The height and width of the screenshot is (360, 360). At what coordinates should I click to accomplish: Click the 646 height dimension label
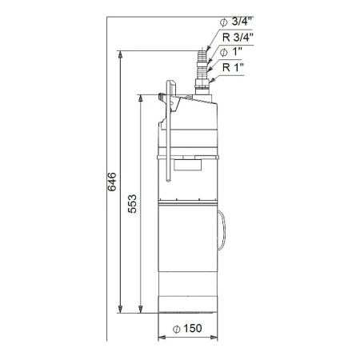pyautogui.click(x=112, y=182)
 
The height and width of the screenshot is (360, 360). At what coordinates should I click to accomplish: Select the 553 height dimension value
pyautogui.click(x=132, y=204)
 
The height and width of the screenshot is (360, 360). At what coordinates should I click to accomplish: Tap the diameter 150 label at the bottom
pyautogui.click(x=187, y=329)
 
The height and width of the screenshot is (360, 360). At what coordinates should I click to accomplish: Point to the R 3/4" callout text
pyautogui.click(x=238, y=38)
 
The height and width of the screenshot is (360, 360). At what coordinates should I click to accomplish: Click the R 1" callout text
pyautogui.click(x=233, y=67)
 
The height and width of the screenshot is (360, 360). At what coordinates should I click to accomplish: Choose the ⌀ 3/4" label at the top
pyautogui.click(x=235, y=22)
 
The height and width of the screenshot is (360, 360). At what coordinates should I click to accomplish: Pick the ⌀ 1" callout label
pyautogui.click(x=231, y=52)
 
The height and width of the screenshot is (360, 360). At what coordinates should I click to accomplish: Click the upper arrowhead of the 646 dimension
pyautogui.click(x=120, y=54)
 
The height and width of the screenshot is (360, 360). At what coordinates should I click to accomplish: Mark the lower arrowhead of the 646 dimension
pyautogui.click(x=120, y=310)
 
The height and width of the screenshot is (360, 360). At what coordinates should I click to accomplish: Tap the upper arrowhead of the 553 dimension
pyautogui.click(x=140, y=98)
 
